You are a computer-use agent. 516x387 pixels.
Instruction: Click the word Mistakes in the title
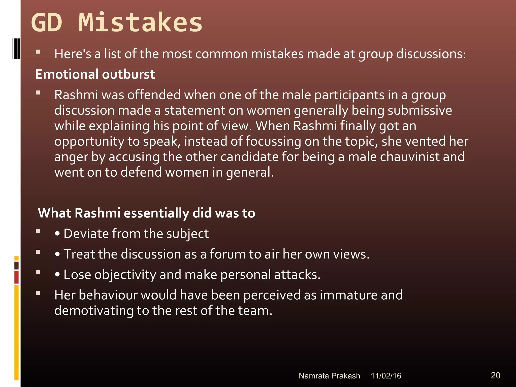tap(140, 23)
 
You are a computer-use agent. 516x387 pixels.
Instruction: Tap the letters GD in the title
tap(47, 23)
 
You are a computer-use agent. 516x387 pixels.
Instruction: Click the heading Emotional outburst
tap(95, 74)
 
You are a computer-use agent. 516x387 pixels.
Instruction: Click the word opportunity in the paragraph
tap(89, 142)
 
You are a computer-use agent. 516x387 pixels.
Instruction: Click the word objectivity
tap(125, 274)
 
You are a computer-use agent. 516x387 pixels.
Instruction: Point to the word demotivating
tap(94, 310)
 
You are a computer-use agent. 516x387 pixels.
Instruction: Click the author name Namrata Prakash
tap(329, 376)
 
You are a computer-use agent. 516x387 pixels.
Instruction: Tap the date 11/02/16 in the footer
tap(386, 376)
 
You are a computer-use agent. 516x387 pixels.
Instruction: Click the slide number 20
tap(495, 375)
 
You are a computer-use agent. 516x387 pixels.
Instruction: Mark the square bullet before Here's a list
tap(38, 52)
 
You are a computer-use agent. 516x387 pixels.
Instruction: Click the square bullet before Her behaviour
tap(38, 293)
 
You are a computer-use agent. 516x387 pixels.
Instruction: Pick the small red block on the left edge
tap(16, 277)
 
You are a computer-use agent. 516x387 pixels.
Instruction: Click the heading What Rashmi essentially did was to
tap(146, 213)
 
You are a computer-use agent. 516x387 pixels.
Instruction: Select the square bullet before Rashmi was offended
tap(38, 93)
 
